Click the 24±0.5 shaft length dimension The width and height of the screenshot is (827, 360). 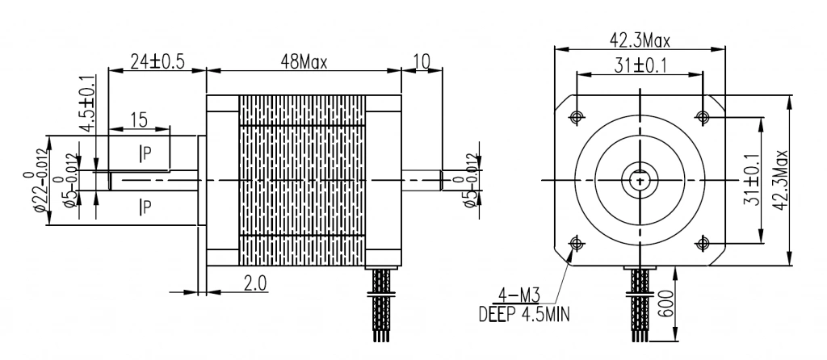pos(157,61)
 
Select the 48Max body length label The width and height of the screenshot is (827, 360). pos(304,62)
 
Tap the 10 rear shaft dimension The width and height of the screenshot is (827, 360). pos(422,61)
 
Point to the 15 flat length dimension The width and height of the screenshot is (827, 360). pos(139,121)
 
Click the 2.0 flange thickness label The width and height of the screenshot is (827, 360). pos(254,283)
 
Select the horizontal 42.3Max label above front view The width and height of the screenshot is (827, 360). pos(640,40)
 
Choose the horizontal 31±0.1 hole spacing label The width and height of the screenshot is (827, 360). pos(640,65)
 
